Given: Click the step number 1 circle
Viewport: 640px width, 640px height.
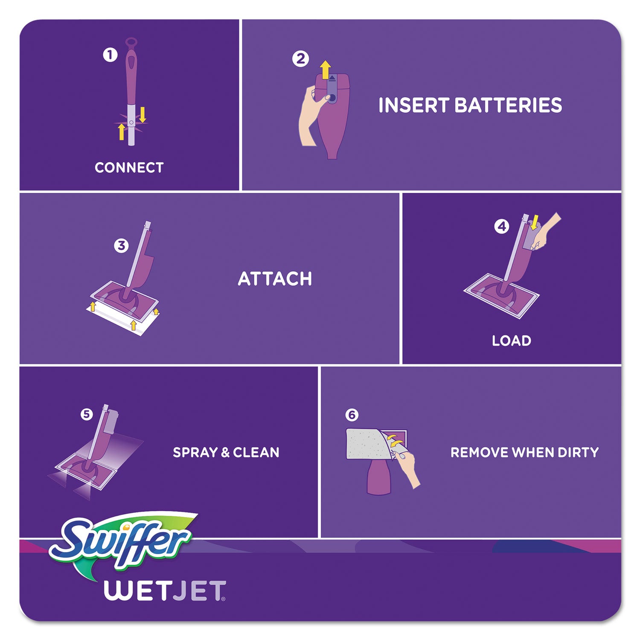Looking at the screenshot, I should click(110, 55).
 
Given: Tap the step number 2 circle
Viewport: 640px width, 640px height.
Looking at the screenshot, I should click(300, 58).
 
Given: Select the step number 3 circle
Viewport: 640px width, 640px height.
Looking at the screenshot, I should click(121, 246).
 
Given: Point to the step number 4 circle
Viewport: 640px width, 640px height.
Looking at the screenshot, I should click(501, 226).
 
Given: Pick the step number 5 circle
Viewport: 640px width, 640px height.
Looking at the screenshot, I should click(87, 414).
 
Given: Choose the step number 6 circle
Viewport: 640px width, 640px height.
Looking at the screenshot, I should click(352, 415).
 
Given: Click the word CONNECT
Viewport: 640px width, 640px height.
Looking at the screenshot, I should click(129, 168).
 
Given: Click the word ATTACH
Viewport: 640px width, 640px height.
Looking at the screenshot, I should click(275, 279).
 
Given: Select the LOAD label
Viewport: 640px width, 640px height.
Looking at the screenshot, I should click(511, 341).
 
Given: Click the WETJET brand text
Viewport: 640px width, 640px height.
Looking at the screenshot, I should click(164, 591).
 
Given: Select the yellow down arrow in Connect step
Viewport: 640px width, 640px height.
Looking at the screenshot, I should click(143, 114).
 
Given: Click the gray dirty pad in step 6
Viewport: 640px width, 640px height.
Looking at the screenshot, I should click(365, 444).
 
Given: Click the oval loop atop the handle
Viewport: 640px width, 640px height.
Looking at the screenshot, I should click(131, 43).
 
